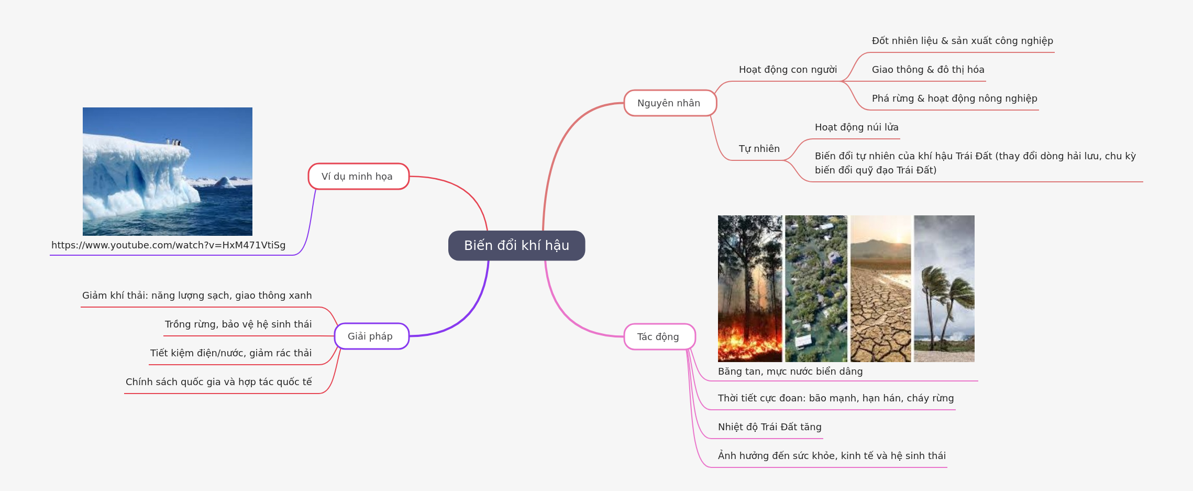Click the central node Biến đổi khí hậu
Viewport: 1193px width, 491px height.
(x=516, y=245)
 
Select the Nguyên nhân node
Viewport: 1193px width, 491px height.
(x=669, y=103)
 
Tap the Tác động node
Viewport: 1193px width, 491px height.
(x=659, y=336)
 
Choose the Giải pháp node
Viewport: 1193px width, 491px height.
(x=371, y=336)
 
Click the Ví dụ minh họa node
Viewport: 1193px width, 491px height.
(x=358, y=177)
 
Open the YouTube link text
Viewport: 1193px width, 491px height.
(x=168, y=245)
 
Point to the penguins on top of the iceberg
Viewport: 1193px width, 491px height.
(x=173, y=141)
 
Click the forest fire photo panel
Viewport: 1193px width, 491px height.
(x=749, y=288)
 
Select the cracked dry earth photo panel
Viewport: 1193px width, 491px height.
(x=880, y=288)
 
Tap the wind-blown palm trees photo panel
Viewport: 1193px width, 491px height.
(x=944, y=288)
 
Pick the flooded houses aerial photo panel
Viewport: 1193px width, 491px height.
(x=815, y=288)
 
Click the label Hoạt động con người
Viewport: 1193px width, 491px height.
(x=788, y=70)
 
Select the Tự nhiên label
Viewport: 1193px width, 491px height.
(x=759, y=149)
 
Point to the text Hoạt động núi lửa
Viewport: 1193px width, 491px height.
(x=856, y=127)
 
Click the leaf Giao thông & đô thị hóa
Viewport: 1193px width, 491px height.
(x=927, y=70)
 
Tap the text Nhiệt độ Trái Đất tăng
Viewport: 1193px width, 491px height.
(x=769, y=427)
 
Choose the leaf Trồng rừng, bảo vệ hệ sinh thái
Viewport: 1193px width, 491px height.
(x=238, y=324)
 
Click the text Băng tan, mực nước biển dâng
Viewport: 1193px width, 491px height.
(x=790, y=372)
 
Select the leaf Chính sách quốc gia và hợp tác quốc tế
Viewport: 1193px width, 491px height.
(x=218, y=382)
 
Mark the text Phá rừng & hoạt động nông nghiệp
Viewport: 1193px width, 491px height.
(x=954, y=99)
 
